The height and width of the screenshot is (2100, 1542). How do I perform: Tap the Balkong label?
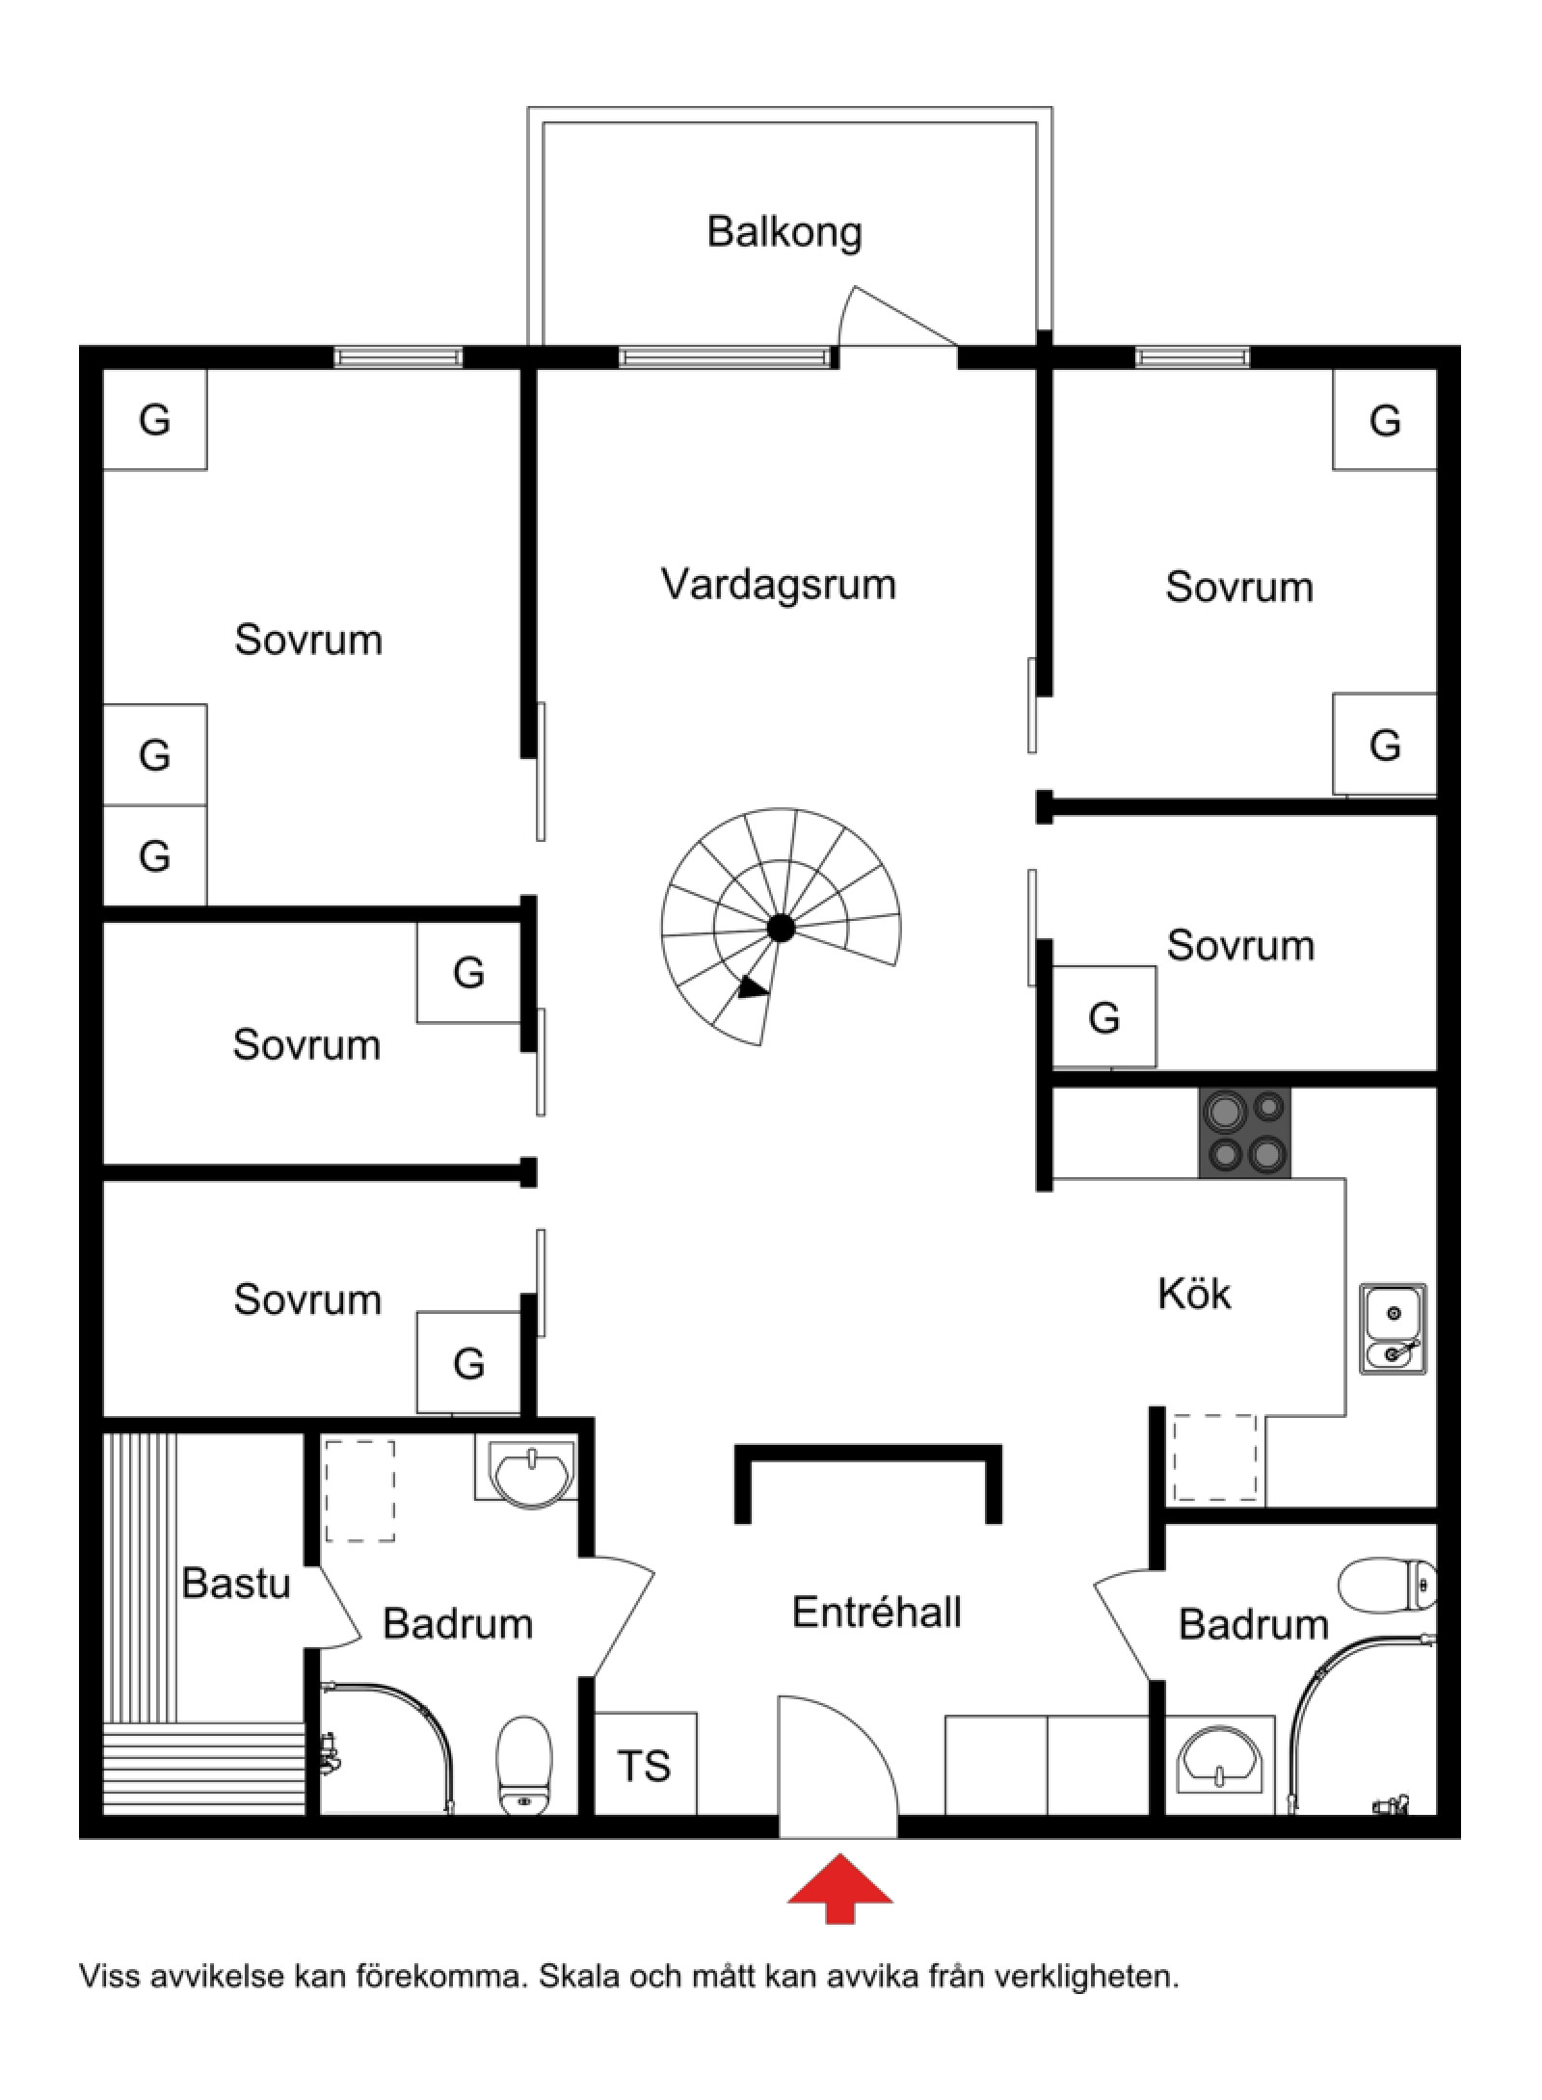click(784, 232)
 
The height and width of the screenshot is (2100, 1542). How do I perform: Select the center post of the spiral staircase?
click(781, 929)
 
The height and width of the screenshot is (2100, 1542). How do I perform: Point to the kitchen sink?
click(1393, 1328)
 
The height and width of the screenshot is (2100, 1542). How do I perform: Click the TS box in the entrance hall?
click(644, 1766)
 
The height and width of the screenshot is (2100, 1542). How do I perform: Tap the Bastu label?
click(236, 1583)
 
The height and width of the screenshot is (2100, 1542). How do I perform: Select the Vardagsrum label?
click(779, 585)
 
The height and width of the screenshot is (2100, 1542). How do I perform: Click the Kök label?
click(1193, 1294)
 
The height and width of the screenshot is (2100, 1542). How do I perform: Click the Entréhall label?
click(876, 1613)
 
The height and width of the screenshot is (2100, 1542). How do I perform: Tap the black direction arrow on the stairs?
click(753, 988)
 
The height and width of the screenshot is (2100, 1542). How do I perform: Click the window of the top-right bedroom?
click(1192, 358)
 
